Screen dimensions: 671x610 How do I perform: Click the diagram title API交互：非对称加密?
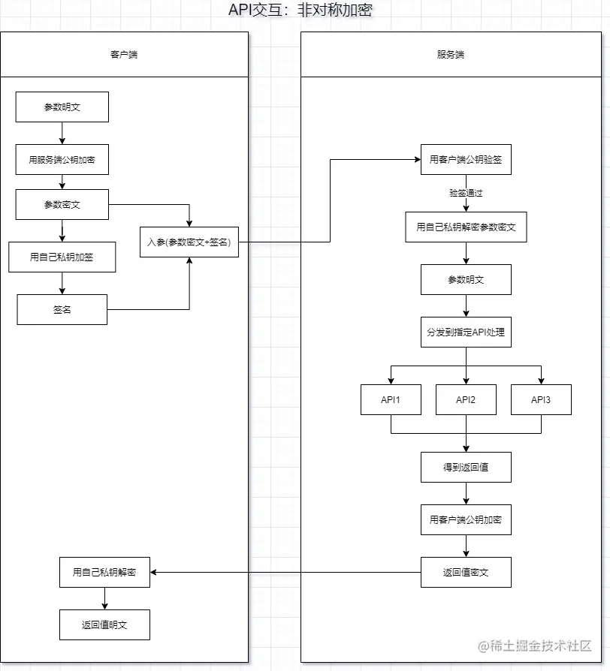[x=300, y=10]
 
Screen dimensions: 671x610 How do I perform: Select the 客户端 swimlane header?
[x=124, y=55]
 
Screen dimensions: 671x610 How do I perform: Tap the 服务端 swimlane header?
[x=451, y=55]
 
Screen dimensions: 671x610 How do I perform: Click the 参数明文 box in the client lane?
[x=62, y=107]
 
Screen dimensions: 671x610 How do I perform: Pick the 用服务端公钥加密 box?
[x=62, y=159]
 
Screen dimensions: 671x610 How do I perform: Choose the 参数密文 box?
[x=62, y=204]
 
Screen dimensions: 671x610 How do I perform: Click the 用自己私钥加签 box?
[x=62, y=257]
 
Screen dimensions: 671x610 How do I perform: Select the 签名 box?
[x=62, y=309]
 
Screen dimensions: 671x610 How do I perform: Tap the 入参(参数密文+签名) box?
[x=189, y=242]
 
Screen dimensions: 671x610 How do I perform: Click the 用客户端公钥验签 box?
[x=466, y=159]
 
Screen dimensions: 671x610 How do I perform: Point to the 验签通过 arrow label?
[x=466, y=193]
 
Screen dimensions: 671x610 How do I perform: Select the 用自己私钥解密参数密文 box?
[x=466, y=227]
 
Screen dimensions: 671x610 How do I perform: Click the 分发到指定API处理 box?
[x=466, y=332]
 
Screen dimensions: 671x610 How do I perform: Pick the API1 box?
[x=391, y=399]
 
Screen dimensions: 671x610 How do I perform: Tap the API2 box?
[x=466, y=399]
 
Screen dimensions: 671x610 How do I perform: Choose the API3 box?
[x=541, y=399]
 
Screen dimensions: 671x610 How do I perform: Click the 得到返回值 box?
[x=466, y=467]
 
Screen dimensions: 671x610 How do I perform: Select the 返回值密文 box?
[x=466, y=572]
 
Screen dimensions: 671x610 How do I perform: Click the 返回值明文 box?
[x=104, y=624]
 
